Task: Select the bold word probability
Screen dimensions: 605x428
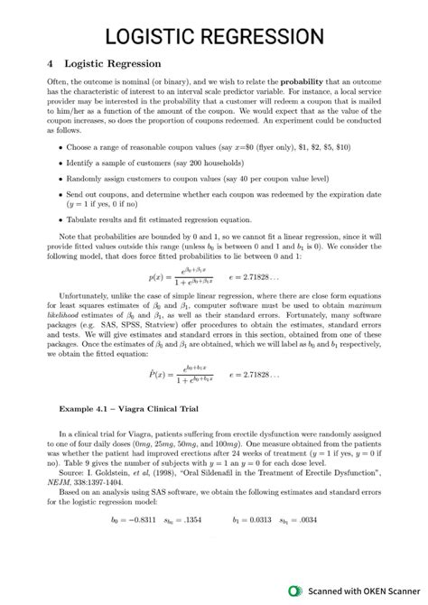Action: [x=312, y=81]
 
